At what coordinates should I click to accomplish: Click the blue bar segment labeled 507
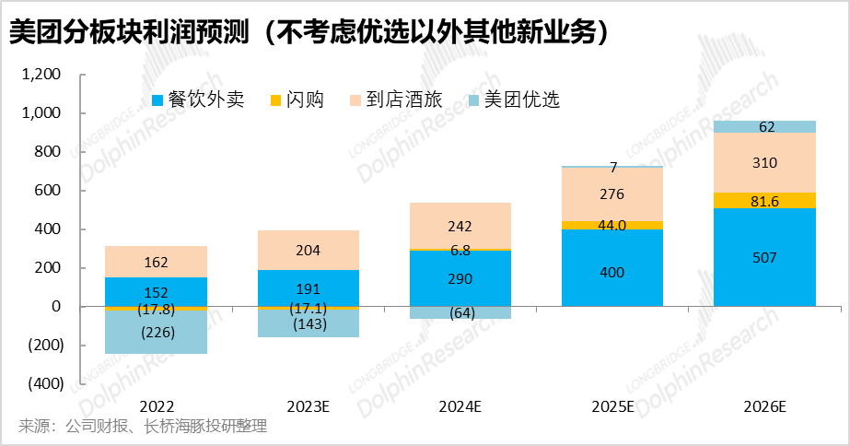[x=764, y=257]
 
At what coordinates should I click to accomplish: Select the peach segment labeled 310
[x=764, y=163]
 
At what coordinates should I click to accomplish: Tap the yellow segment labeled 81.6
[x=764, y=200]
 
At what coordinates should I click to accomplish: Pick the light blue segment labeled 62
[x=764, y=127]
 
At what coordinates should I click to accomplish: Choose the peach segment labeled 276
[x=612, y=195]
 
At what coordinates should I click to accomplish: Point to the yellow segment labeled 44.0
[x=612, y=225]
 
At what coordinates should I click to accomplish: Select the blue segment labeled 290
[x=460, y=278]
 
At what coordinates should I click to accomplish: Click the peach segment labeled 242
[x=460, y=226]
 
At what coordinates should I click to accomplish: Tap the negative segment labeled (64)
[x=460, y=312]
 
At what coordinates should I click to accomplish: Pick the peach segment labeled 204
[x=309, y=250]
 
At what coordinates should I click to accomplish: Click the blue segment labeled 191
[x=309, y=288]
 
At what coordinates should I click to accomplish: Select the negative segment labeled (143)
[x=309, y=323]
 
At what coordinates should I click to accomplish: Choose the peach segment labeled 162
[x=157, y=262]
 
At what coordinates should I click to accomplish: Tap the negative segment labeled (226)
[x=157, y=333]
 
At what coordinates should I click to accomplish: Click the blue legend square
[x=157, y=100]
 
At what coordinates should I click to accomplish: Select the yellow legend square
[x=275, y=100]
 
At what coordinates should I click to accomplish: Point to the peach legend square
[x=355, y=100]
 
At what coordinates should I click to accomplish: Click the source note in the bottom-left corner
[x=143, y=426]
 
